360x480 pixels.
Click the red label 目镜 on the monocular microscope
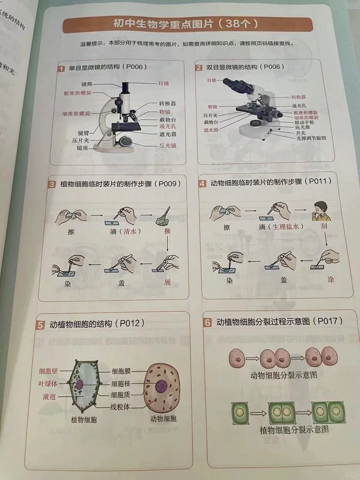click(x=163, y=84)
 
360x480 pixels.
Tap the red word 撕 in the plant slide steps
click(x=167, y=231)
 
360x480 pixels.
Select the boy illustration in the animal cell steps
click(x=323, y=210)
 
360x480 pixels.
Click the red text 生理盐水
click(x=286, y=226)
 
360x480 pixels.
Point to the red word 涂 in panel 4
click(x=330, y=279)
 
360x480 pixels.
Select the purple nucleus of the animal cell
click(x=162, y=386)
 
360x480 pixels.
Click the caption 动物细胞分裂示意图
click(x=284, y=375)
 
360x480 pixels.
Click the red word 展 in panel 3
click(x=167, y=282)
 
